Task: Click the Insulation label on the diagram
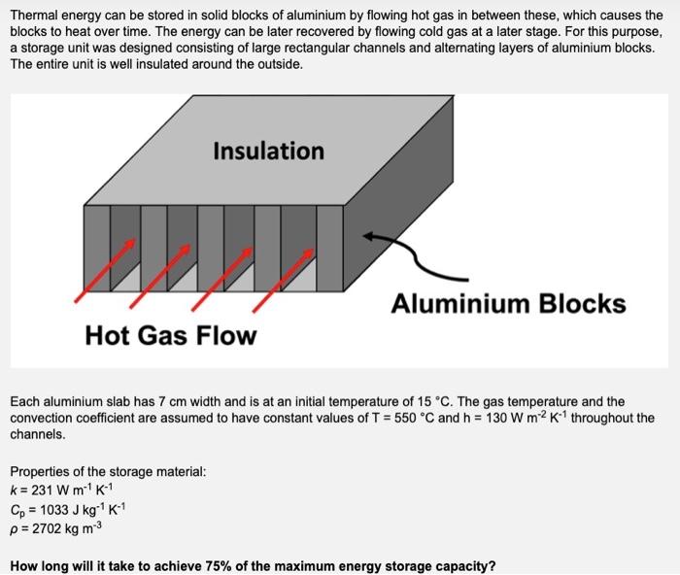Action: click(268, 151)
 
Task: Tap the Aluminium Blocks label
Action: click(508, 304)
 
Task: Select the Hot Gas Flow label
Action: click(171, 336)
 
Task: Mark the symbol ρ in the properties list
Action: click(14, 526)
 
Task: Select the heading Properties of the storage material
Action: click(108, 471)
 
